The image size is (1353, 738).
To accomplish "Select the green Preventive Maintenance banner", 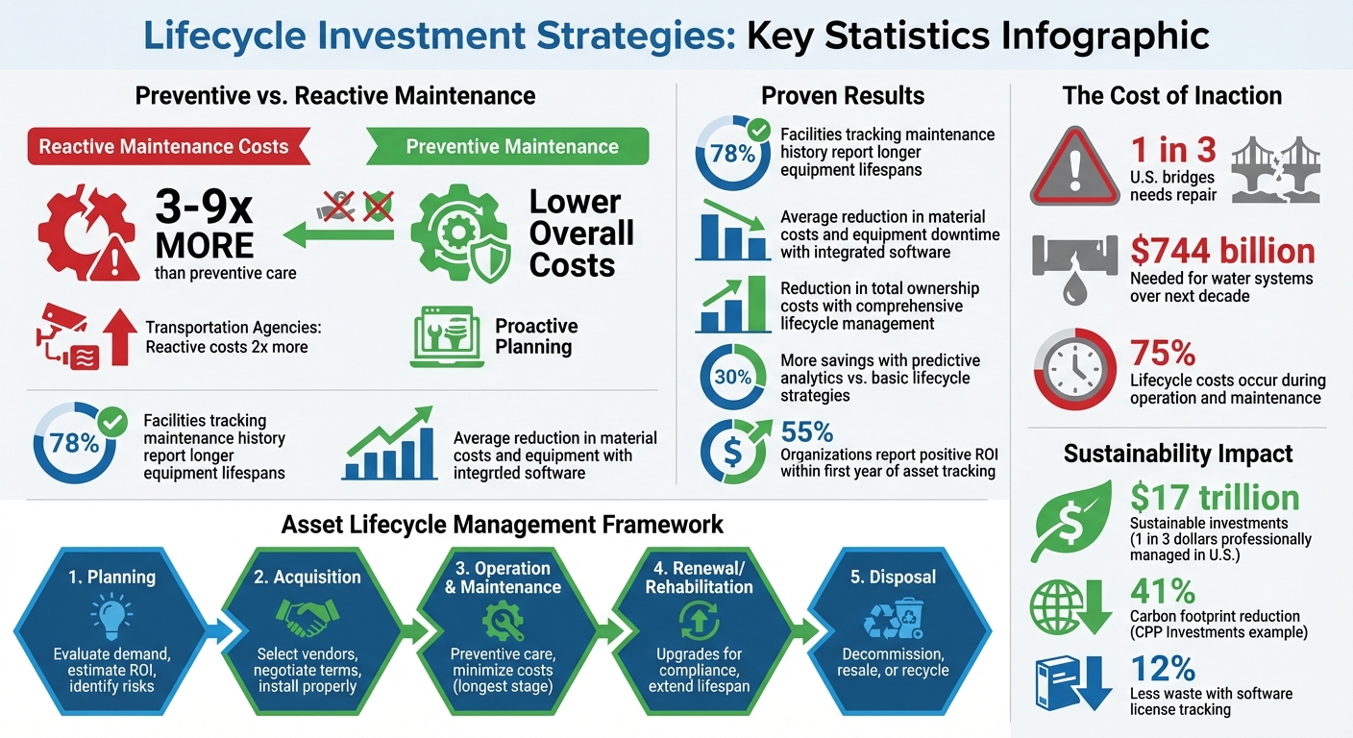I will (510, 147).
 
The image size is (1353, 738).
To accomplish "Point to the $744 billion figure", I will (1222, 251).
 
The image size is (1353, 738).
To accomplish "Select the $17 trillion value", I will (1215, 498).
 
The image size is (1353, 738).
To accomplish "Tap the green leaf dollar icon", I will (1070, 519).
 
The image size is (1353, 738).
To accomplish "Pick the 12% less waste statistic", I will (1162, 669).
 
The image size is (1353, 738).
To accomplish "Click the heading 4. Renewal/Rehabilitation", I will (699, 577).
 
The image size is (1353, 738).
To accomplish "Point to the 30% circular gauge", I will (733, 378).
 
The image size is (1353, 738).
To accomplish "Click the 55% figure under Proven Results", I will (806, 431).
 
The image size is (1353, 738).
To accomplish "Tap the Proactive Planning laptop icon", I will (447, 337).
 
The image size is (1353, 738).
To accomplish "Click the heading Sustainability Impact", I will (1177, 454).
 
